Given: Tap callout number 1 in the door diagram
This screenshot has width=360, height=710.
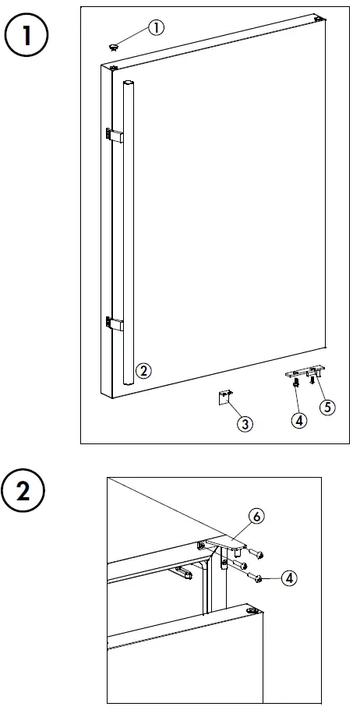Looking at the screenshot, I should (x=156, y=28).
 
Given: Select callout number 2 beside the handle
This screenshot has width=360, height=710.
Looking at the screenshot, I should (x=143, y=371).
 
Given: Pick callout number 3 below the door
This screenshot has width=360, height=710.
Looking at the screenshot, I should (x=245, y=423).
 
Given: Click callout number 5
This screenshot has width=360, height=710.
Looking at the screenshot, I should (x=327, y=406).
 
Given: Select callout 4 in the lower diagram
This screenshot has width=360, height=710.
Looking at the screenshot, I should (x=289, y=578).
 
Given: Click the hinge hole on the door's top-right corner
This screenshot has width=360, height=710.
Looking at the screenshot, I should (x=319, y=18).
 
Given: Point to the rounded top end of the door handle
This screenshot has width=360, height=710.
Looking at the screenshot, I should (x=129, y=83).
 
